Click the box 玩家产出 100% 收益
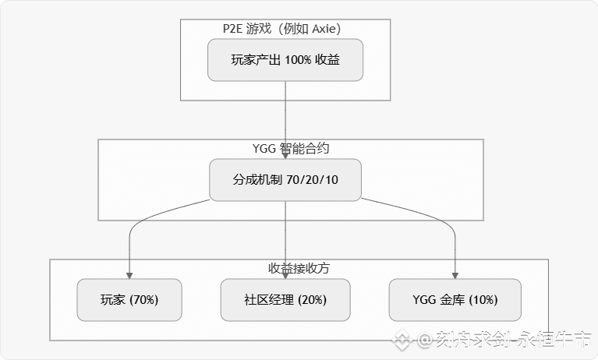tap(285, 60)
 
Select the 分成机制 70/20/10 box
tap(285, 179)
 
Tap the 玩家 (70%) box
tap(129, 299)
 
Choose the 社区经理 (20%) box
tap(285, 299)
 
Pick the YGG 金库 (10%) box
tap(455, 299)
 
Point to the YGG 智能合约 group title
tap(285, 148)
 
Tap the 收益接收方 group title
tap(299, 268)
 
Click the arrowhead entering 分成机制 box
tap(285, 156)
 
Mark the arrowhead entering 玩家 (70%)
tap(129, 275)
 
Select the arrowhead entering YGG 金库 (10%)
tap(455, 275)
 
